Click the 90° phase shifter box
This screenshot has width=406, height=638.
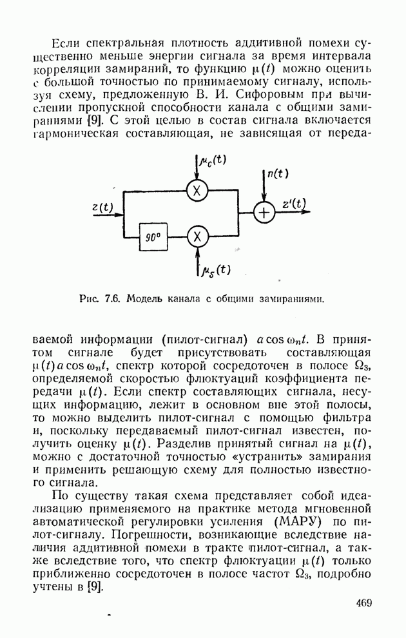click(153, 237)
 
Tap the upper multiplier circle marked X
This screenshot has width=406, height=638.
click(197, 191)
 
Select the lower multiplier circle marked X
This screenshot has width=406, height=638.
click(197, 237)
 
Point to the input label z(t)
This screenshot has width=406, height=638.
click(102, 207)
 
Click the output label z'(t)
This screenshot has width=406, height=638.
click(294, 204)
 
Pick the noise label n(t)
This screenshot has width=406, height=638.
click(277, 173)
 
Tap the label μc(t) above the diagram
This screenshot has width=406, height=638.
click(213, 160)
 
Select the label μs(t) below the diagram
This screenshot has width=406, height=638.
click(216, 271)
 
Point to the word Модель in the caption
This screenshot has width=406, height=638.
click(145, 298)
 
